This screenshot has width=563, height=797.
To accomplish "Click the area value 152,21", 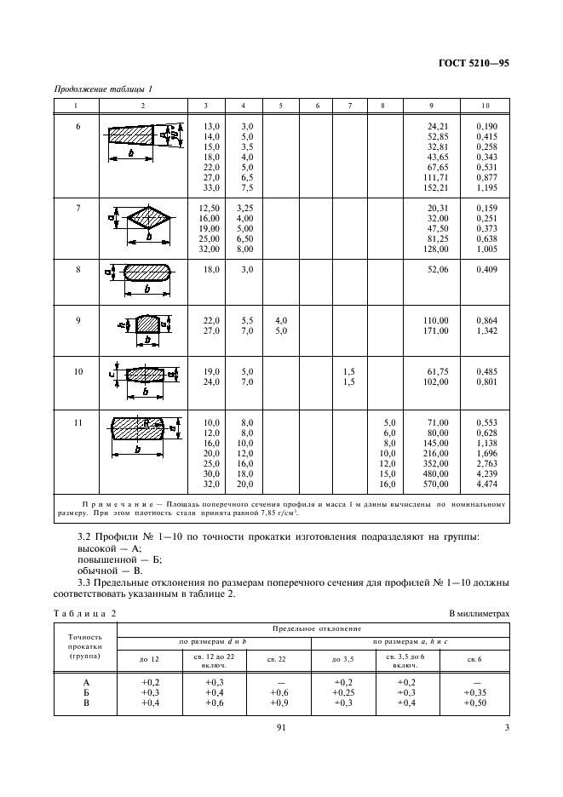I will (436, 188).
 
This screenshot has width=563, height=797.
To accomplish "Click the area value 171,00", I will (436, 330).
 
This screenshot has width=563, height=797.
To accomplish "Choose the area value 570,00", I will (436, 485).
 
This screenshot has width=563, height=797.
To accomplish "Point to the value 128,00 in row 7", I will (436, 249).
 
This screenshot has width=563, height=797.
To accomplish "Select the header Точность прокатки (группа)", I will (85, 646).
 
